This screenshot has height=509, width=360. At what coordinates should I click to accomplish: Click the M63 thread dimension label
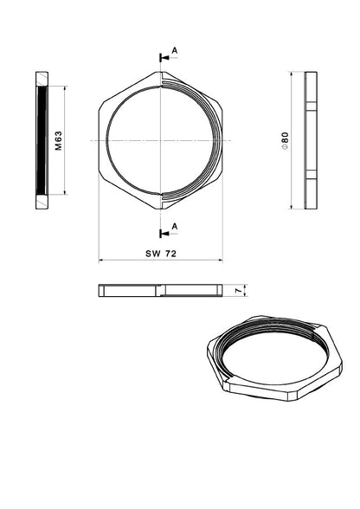pyautogui.click(x=59, y=140)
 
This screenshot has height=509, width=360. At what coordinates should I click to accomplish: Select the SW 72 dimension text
pyautogui.click(x=161, y=254)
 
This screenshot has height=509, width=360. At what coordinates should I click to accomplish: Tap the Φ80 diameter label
pyautogui.click(x=285, y=140)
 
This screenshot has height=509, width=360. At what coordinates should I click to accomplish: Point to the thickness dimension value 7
pyautogui.click(x=239, y=290)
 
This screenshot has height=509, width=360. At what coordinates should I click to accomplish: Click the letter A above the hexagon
pyautogui.click(x=175, y=50)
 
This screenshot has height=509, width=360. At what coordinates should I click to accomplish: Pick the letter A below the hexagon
pyautogui.click(x=175, y=226)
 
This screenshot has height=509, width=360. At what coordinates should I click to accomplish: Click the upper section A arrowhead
pyautogui.click(x=165, y=58)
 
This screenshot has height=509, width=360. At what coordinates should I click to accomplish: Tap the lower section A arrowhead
pyautogui.click(x=165, y=234)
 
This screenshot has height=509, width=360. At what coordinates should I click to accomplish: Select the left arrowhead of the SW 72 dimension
pyautogui.click(x=101, y=260)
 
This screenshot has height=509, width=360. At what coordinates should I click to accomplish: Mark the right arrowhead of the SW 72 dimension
pyautogui.click(x=220, y=260)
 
